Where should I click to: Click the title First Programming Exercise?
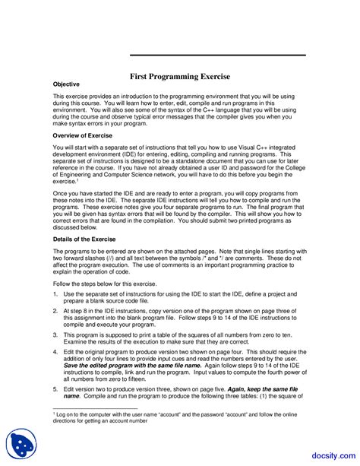coord(180,77)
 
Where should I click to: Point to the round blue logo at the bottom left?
coord(21,445)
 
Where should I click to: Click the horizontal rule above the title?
coord(218,55)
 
